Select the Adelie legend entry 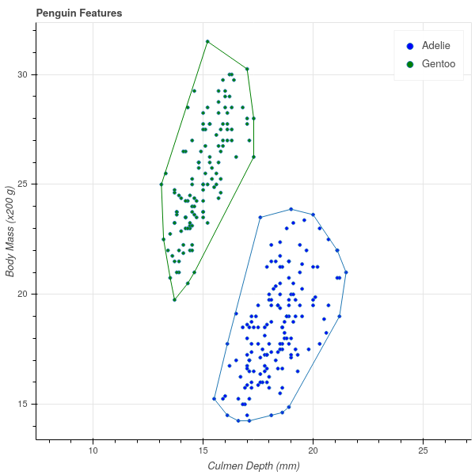[436, 46]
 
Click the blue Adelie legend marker [409, 46]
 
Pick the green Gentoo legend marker [409, 63]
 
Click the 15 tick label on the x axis [203, 450]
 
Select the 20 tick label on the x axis [313, 450]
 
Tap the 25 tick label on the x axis [424, 450]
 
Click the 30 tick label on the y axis [22, 74]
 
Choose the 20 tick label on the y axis [22, 294]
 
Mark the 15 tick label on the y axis [22, 404]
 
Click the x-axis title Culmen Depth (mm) [253, 465]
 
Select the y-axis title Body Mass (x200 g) [10, 231]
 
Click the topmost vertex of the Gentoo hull [207, 41]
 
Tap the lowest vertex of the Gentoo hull [174, 299]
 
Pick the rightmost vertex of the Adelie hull [346, 272]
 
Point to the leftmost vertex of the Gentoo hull [161, 184]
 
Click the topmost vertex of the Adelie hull [291, 209]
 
